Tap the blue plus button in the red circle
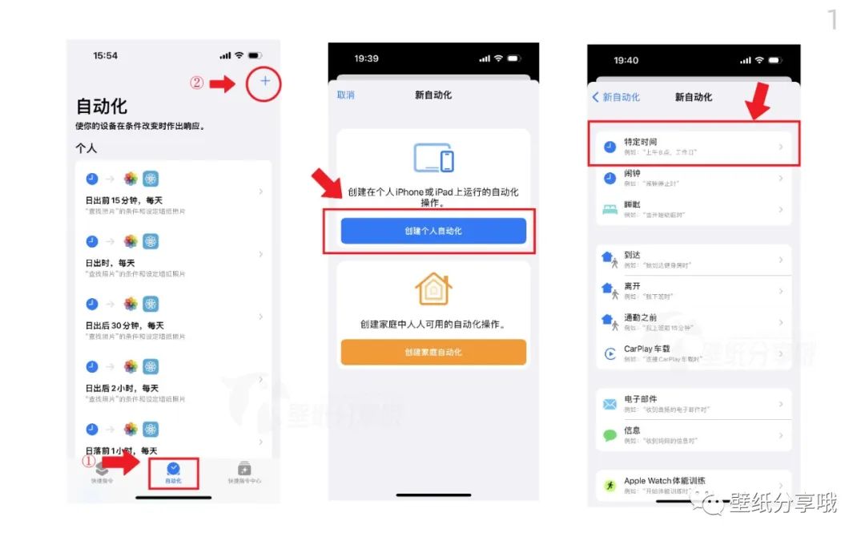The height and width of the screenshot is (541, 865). coord(265,82)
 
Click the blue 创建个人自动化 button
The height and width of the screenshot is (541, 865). coord(433,231)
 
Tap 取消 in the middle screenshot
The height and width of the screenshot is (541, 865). coord(346,95)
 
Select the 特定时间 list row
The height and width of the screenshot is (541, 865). coord(694,146)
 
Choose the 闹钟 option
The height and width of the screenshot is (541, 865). coord(694,178)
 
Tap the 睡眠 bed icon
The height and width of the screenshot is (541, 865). coord(610,209)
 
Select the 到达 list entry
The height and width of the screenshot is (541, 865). coord(694,259)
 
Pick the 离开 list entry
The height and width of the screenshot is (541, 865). coord(694,290)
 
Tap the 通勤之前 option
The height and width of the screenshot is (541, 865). coord(694,321)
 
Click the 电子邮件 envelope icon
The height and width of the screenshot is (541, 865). coord(610,404)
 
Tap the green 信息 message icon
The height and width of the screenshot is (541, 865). coord(610,435)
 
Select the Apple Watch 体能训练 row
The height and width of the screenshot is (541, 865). coord(694,485)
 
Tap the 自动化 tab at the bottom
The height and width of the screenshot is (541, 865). coord(173,472)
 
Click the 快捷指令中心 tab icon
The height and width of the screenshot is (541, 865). coord(244,469)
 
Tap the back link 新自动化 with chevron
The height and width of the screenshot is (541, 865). coord(616,97)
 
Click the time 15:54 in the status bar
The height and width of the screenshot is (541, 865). coord(105,56)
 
